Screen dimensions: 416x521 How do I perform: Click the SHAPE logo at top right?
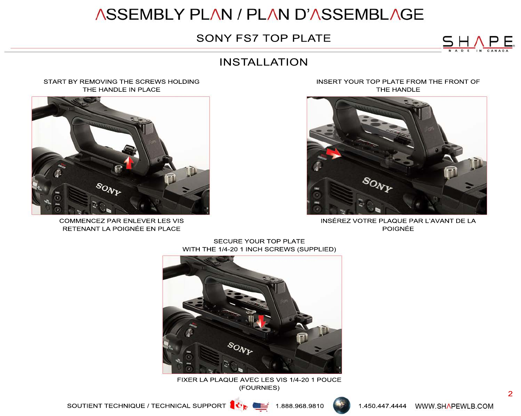478,43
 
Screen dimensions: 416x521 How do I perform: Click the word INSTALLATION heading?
263,62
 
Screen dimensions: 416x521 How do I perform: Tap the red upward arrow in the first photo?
128,162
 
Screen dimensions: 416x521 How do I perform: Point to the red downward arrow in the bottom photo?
260,320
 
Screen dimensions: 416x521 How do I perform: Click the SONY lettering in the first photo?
108,189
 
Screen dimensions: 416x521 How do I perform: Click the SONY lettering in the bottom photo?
240,348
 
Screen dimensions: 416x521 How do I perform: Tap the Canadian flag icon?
238,405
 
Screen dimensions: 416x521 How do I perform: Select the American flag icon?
260,407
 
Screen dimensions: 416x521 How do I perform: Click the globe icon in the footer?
341,405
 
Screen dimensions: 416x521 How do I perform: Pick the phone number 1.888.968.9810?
300,406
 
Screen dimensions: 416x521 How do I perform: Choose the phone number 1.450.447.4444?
382,406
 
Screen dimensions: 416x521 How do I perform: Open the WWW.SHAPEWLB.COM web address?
454,406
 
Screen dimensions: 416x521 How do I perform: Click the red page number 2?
510,394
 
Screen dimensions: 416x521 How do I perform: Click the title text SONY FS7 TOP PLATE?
263,38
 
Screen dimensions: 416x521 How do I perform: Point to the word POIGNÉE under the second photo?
398,229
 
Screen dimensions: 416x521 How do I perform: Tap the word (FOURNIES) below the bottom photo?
259,387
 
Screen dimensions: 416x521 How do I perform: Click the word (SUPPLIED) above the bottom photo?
316,249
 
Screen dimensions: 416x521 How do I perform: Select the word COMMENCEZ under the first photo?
82,221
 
